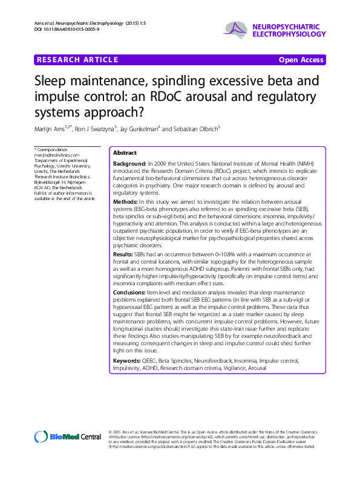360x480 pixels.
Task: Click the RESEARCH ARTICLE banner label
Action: click(x=77, y=59)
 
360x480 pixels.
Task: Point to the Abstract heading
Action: click(x=125, y=154)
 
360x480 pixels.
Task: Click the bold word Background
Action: click(x=129, y=164)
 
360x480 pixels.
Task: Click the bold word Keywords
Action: click(x=129, y=361)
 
